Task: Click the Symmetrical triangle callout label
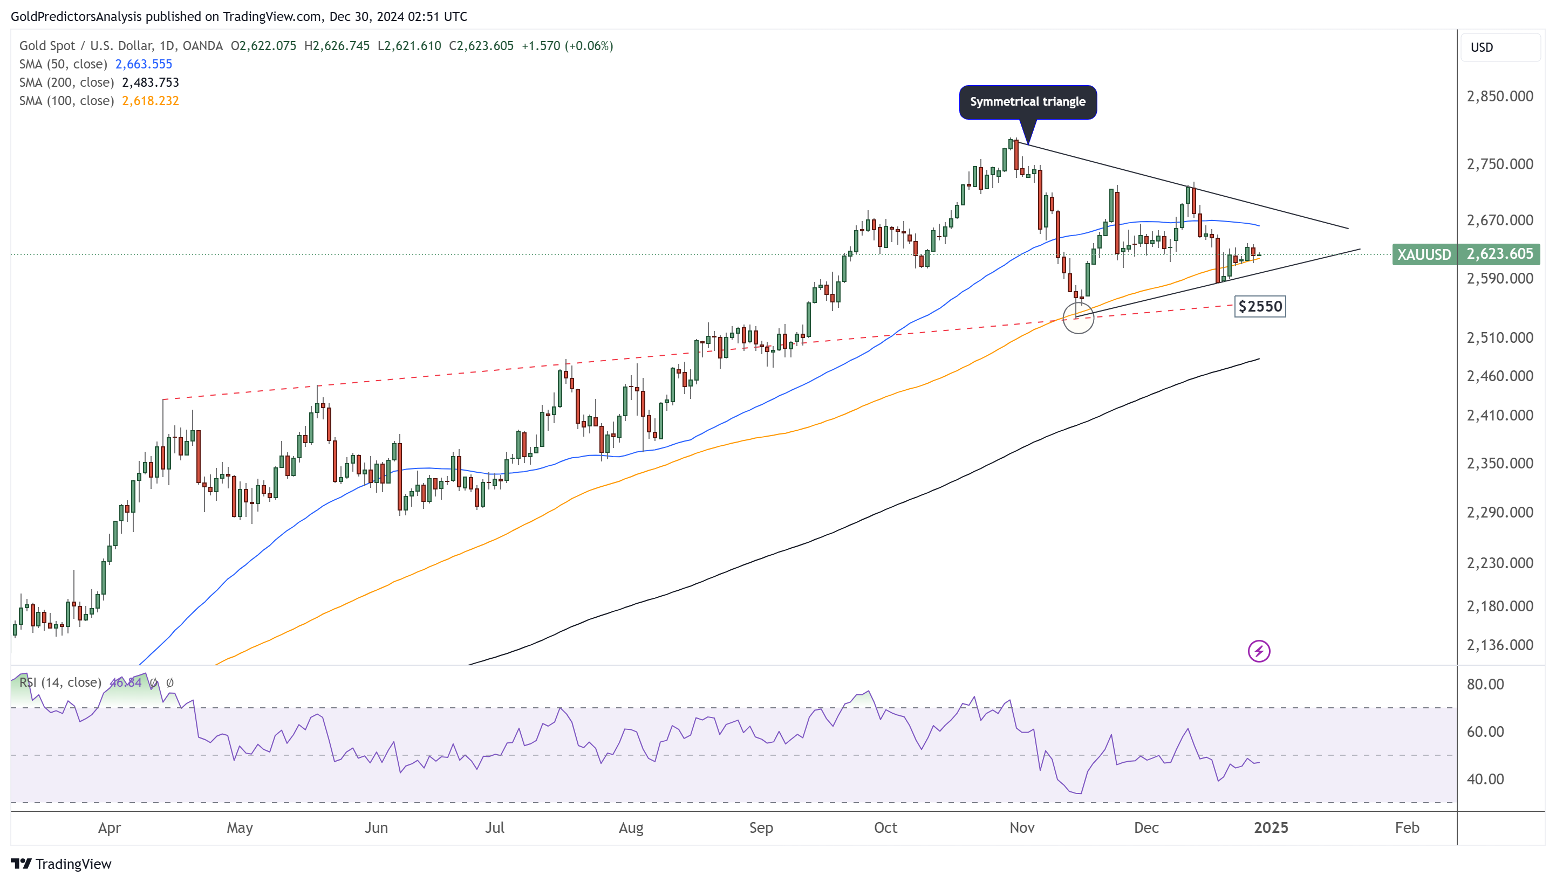click(x=1027, y=102)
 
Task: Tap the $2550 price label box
click(x=1260, y=306)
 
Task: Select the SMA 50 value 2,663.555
click(x=144, y=64)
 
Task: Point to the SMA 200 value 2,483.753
click(x=151, y=82)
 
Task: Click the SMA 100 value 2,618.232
click(x=151, y=101)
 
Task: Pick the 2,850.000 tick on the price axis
click(x=1499, y=96)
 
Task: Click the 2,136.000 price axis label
click(x=1499, y=645)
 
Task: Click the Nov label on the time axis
click(x=1022, y=828)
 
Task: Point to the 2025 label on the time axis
click(x=1271, y=828)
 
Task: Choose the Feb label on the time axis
click(x=1407, y=828)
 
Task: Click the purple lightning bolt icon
click(x=1259, y=651)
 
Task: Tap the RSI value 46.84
click(x=126, y=683)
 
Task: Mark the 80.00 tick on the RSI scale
click(x=1485, y=684)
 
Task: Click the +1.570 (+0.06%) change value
click(x=567, y=46)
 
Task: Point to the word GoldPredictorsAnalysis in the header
click(x=77, y=16)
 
